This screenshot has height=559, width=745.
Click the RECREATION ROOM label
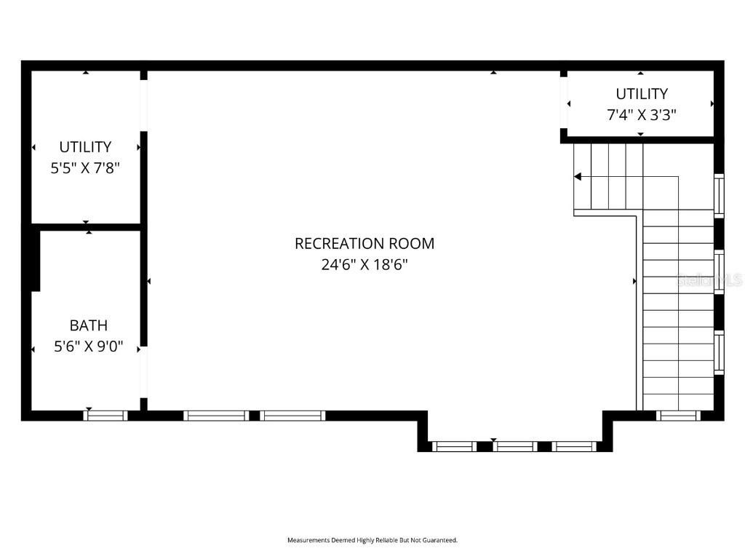(x=364, y=243)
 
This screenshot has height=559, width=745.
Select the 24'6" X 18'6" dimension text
(x=364, y=265)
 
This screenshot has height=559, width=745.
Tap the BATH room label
(x=89, y=325)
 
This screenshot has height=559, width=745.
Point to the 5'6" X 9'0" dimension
(x=89, y=347)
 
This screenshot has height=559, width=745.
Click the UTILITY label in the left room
(x=85, y=147)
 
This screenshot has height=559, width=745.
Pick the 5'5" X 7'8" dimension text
(x=85, y=168)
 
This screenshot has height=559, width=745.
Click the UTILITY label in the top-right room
(x=641, y=94)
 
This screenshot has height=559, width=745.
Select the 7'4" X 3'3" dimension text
(x=641, y=115)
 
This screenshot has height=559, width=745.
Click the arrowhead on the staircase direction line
(x=578, y=176)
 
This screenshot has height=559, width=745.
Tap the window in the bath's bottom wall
(x=105, y=416)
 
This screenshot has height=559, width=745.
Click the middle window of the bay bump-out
(x=515, y=446)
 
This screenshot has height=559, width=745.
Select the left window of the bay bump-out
(x=455, y=446)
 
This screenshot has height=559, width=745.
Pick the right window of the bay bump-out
(x=573, y=446)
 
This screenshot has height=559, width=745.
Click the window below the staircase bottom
(x=677, y=416)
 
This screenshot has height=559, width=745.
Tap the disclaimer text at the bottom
(x=372, y=540)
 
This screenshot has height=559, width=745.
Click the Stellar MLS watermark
(x=709, y=279)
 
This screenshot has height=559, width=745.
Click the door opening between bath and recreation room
(x=144, y=371)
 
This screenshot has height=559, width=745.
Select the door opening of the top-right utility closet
(x=564, y=103)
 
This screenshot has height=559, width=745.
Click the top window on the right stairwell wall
(x=719, y=195)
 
